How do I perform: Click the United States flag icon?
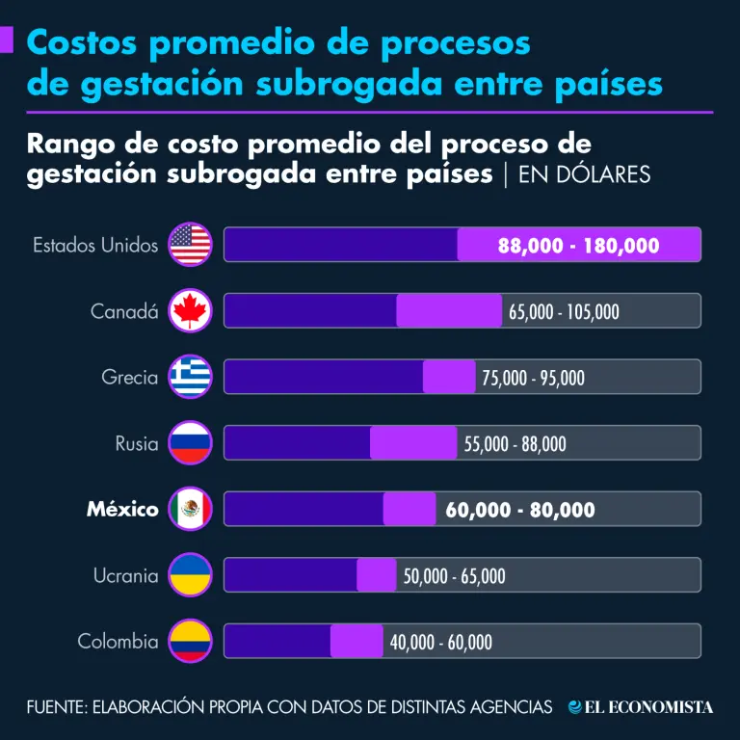pyautogui.click(x=190, y=245)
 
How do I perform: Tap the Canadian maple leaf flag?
pyautogui.click(x=190, y=311)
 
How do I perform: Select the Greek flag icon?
pyautogui.click(x=190, y=377)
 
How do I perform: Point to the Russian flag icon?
pyautogui.click(x=190, y=443)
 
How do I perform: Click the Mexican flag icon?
pyautogui.click(x=190, y=509)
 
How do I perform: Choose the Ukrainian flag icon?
pyautogui.click(x=190, y=575)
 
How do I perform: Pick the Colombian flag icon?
pyautogui.click(x=190, y=641)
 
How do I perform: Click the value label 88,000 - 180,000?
pyautogui.click(x=578, y=246)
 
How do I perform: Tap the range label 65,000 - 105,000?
pyautogui.click(x=564, y=311)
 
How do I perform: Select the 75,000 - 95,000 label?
pyautogui.click(x=533, y=378)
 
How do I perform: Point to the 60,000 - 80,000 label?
pyautogui.click(x=519, y=510)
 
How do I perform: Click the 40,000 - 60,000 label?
pyautogui.click(x=440, y=642)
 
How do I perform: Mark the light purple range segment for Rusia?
pyautogui.click(x=413, y=443)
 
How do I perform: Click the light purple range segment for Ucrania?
pyautogui.click(x=376, y=575)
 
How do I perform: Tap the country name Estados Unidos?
pyautogui.click(x=95, y=245)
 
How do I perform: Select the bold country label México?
pyautogui.click(x=122, y=509)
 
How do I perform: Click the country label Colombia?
pyautogui.click(x=118, y=641)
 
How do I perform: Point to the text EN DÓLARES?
pyautogui.click(x=584, y=174)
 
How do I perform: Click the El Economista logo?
pyautogui.click(x=641, y=707)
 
